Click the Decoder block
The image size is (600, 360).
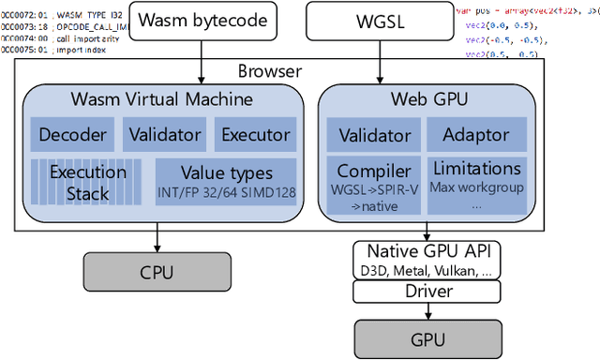click(x=72, y=134)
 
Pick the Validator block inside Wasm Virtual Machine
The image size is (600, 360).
click(x=165, y=134)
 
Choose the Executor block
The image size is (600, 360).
click(x=256, y=134)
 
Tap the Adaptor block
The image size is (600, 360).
click(x=474, y=134)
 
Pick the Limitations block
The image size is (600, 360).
click(x=474, y=181)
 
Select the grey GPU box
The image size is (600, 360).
click(x=427, y=337)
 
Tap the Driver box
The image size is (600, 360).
click(x=427, y=291)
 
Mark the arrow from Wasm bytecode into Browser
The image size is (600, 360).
click(x=202, y=51)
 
